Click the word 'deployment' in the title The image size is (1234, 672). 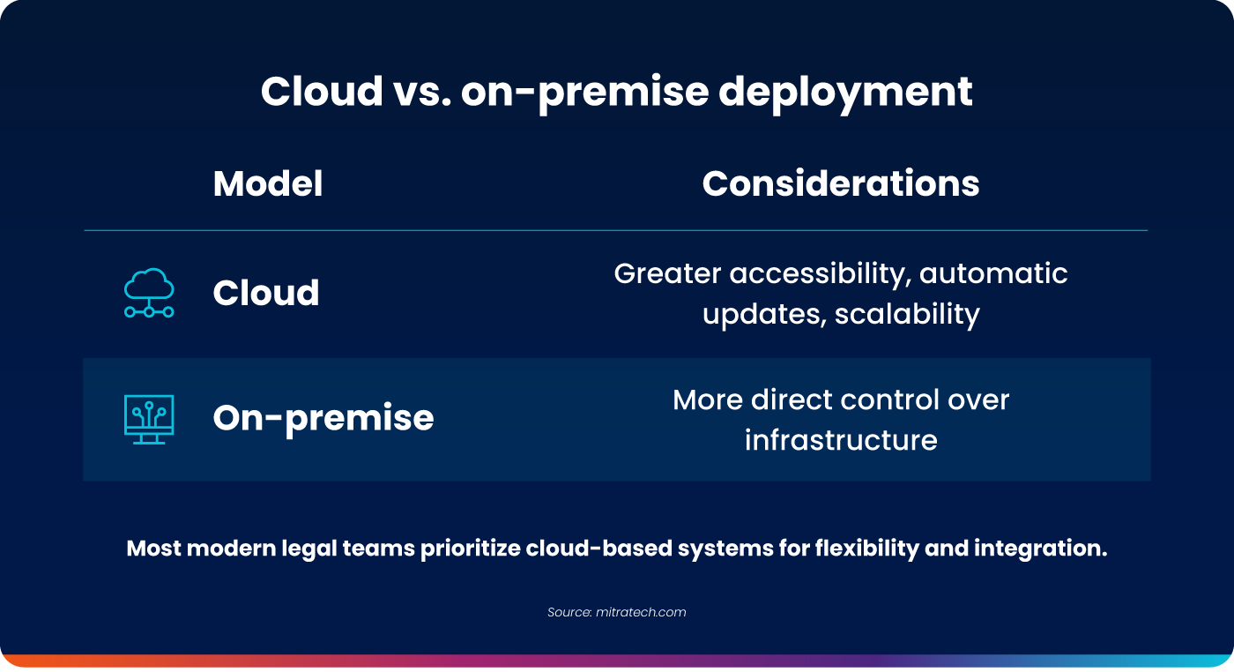[845, 93]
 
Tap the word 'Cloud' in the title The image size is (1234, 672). [322, 91]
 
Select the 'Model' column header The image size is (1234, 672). [268, 183]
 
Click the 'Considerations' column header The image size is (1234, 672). [841, 183]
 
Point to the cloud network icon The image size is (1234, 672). [149, 293]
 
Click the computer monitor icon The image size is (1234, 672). [149, 419]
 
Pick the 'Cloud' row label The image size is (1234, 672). [266, 292]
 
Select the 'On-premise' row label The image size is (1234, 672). [323, 419]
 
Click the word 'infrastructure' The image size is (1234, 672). [841, 440]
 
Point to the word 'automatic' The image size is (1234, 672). [993, 274]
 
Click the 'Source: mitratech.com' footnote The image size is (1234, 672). [616, 612]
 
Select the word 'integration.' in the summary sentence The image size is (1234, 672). [1040, 549]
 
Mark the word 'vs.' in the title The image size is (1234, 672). [422, 93]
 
